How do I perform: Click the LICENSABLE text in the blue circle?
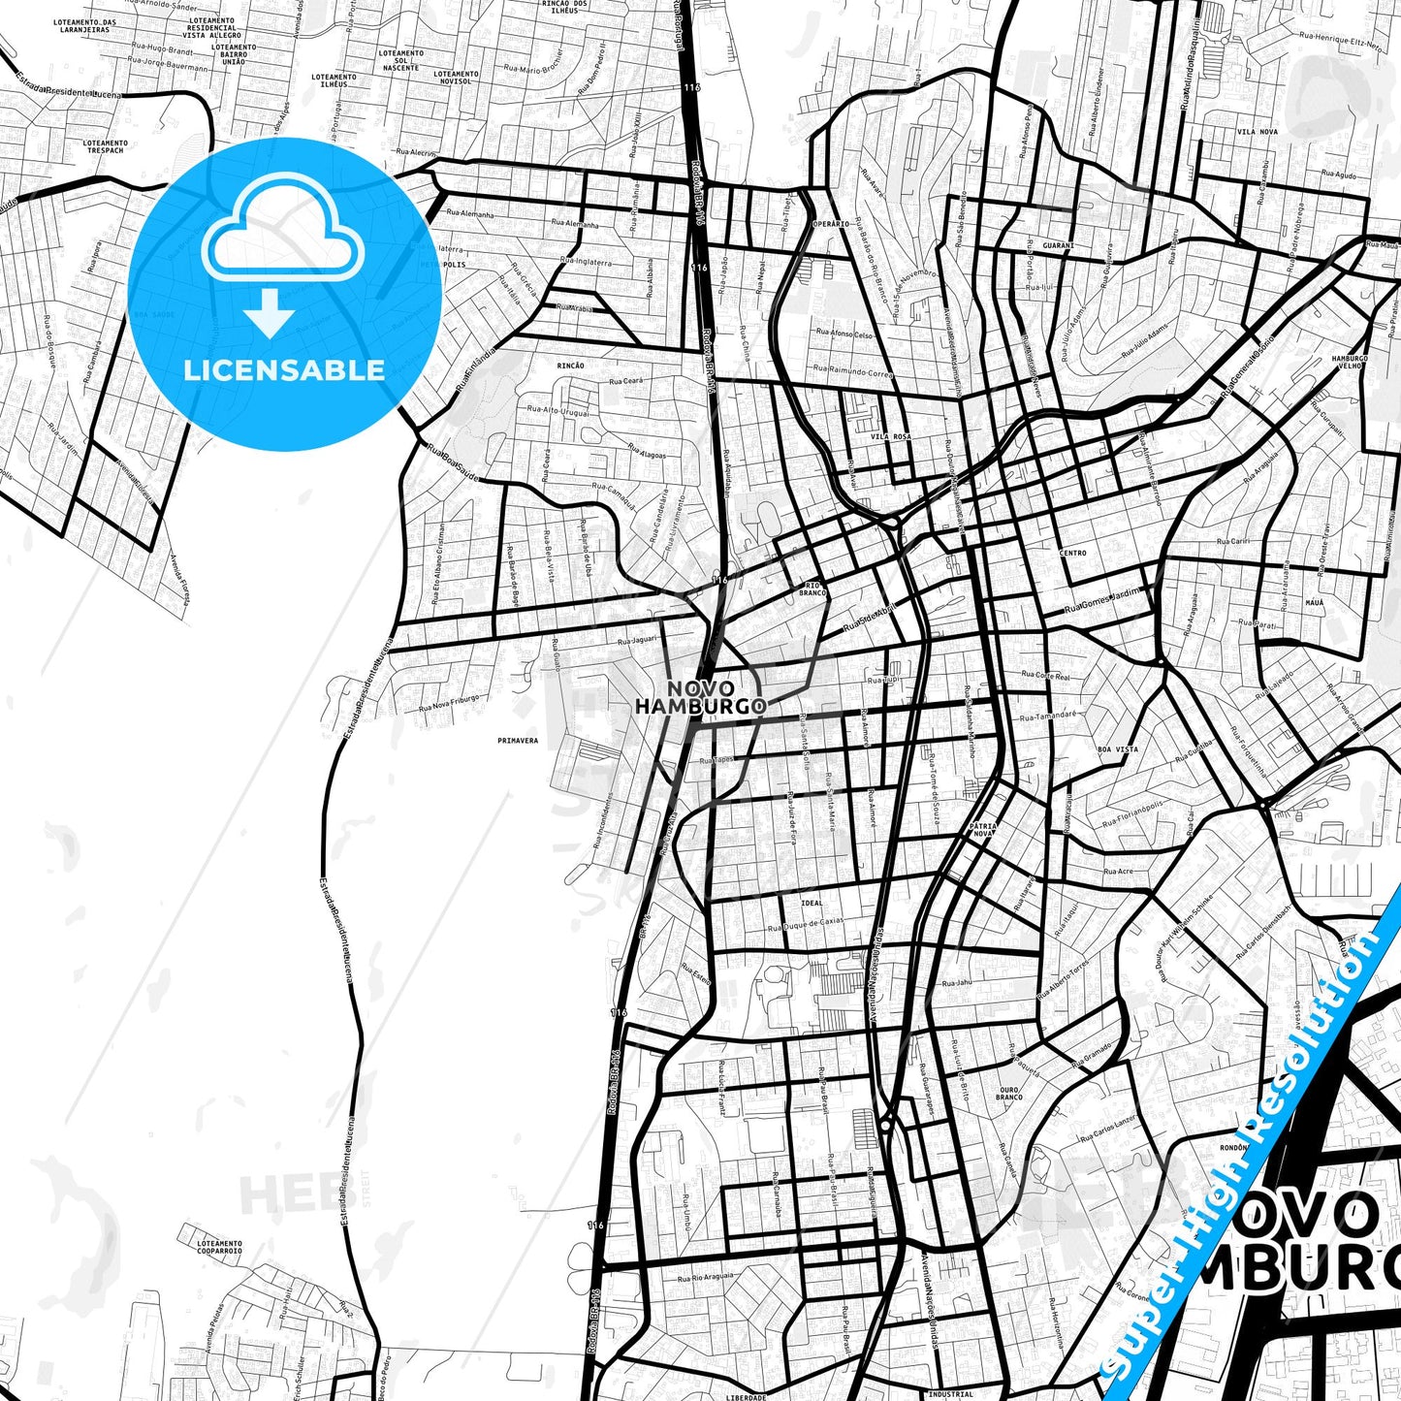pyautogui.click(x=284, y=369)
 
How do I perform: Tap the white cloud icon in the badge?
pyautogui.click(x=282, y=233)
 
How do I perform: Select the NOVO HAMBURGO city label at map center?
pyautogui.click(x=700, y=698)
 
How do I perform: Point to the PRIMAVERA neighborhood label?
pyautogui.click(x=517, y=740)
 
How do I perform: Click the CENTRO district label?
pyautogui.click(x=1073, y=553)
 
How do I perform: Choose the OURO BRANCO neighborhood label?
pyautogui.click(x=1008, y=1094)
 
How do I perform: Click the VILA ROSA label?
pyautogui.click(x=890, y=437)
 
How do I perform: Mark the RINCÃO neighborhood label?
pyautogui.click(x=571, y=366)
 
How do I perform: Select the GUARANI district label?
pyautogui.click(x=1058, y=246)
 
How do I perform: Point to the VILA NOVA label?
pyautogui.click(x=1257, y=131)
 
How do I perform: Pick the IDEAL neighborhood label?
pyautogui.click(x=812, y=903)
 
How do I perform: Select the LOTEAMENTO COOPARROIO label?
pyautogui.click(x=218, y=1247)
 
